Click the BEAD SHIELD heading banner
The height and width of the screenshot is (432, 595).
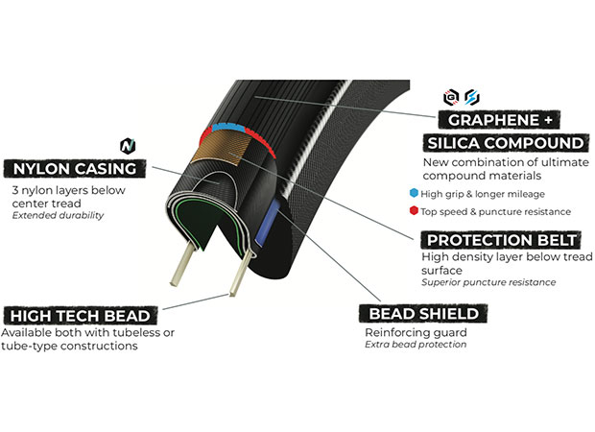pos(422,314)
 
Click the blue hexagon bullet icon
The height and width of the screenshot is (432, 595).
pos(413,193)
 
